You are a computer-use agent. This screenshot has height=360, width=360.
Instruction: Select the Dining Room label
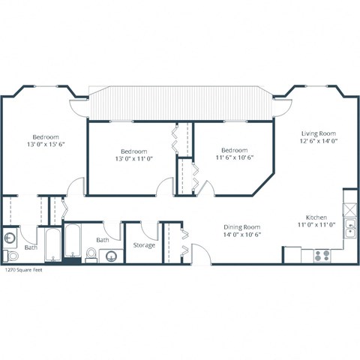click(241, 226)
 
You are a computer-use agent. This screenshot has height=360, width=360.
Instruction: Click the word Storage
click(143, 245)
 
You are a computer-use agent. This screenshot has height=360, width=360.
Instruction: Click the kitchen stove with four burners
click(322, 254)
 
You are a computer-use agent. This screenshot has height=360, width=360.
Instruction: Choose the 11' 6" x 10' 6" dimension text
click(235, 157)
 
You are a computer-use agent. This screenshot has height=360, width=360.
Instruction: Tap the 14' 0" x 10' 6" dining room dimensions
click(241, 235)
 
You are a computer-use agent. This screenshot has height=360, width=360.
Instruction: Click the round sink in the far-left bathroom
click(9, 238)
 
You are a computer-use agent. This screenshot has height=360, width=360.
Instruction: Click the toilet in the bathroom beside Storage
click(91, 254)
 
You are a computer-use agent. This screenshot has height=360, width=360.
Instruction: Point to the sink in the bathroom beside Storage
click(109, 256)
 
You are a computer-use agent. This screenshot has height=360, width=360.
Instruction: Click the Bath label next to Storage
click(103, 240)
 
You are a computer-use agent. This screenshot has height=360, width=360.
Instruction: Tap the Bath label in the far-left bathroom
click(30, 247)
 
